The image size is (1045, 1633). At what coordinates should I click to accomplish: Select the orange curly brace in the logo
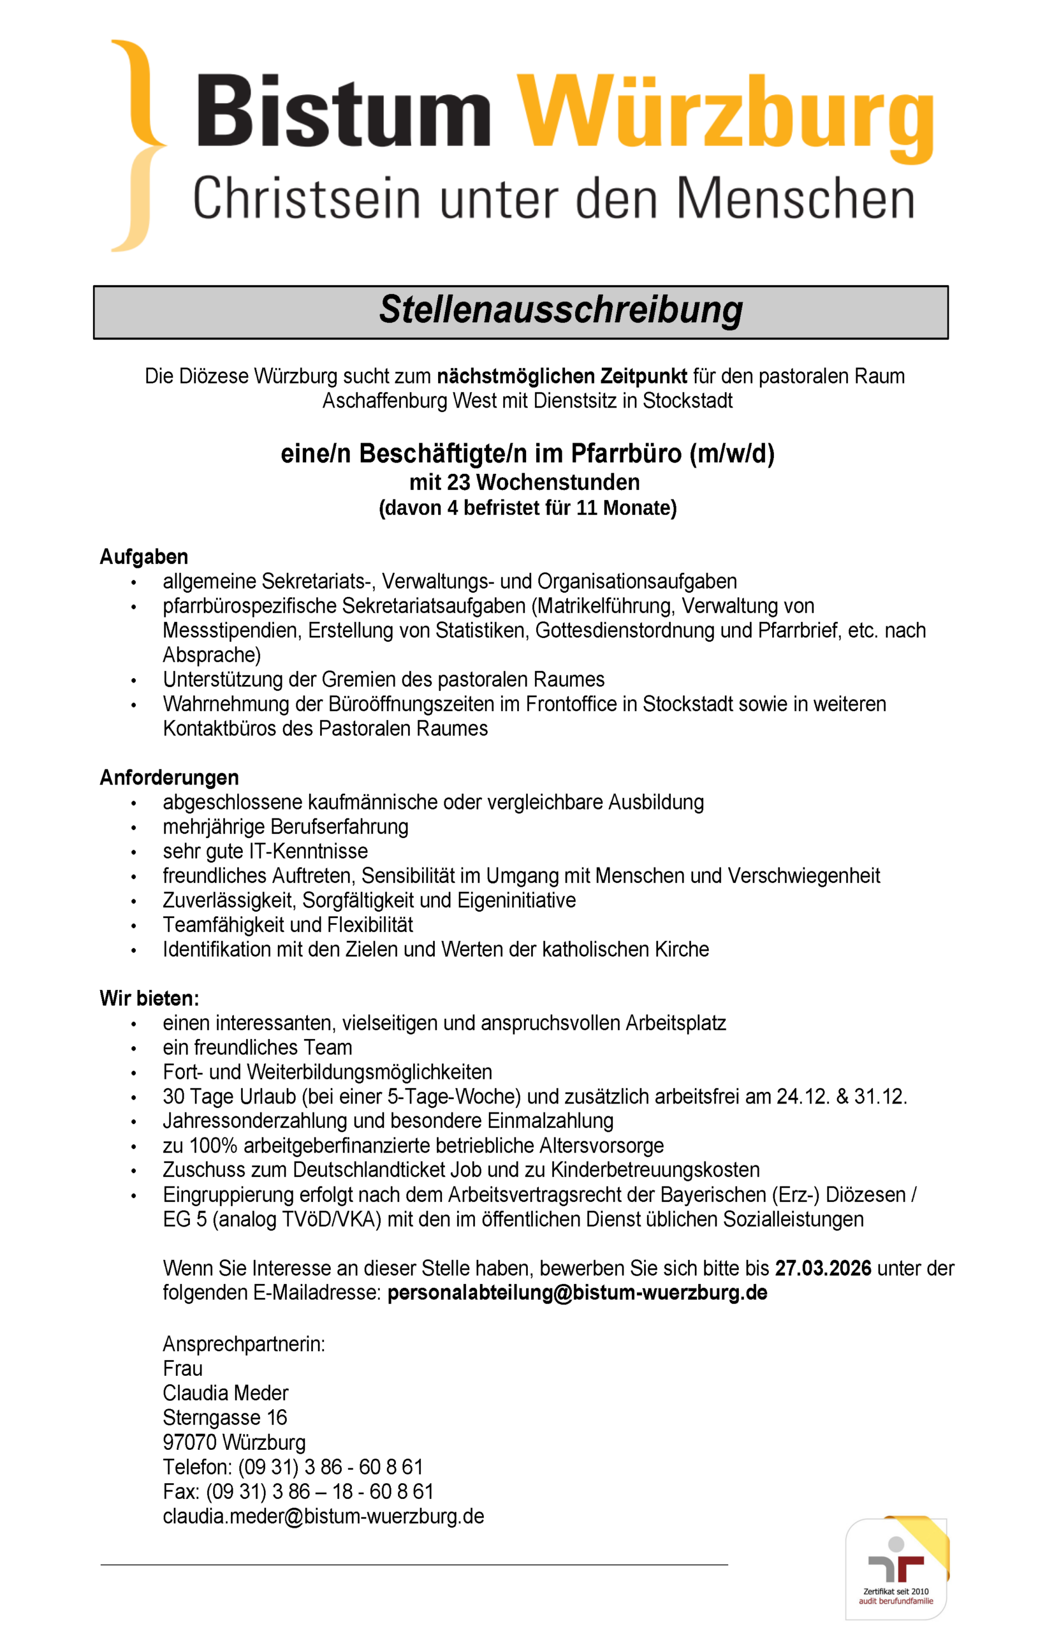coord(139,145)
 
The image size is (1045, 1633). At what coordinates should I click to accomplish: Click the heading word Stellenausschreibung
coord(560,310)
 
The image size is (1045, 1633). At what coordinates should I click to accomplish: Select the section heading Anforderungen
coord(169,777)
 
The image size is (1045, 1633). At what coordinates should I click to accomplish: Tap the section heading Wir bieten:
coord(149,998)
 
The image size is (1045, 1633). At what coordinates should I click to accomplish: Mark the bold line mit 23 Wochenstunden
coord(525,483)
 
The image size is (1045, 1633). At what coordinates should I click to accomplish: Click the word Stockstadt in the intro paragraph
coord(687,401)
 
